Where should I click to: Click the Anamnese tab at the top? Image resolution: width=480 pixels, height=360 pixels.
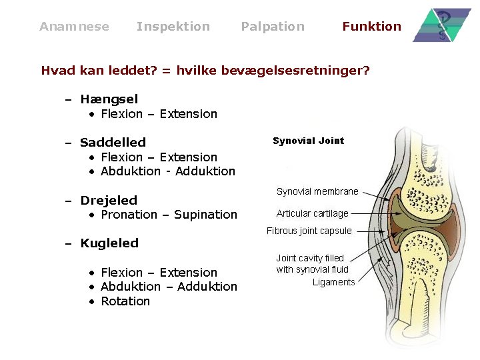click(74, 27)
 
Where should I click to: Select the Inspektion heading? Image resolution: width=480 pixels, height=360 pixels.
click(173, 27)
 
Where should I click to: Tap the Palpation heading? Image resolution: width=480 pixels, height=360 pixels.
click(272, 27)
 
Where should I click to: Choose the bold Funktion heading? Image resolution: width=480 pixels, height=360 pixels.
click(371, 27)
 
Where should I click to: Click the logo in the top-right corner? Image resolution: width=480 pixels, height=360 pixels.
click(441, 25)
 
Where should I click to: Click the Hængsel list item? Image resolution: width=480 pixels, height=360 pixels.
click(109, 99)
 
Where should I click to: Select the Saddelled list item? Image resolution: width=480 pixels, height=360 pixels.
click(113, 142)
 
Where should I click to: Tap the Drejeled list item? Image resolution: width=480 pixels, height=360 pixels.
click(109, 200)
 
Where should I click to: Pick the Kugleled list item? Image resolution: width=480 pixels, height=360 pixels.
click(109, 243)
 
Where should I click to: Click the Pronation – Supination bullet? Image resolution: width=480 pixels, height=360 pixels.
click(169, 215)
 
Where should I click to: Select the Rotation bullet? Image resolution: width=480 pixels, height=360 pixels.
click(125, 301)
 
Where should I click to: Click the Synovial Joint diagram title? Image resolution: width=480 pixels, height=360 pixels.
click(308, 141)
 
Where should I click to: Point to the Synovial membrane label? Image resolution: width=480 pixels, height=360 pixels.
click(317, 191)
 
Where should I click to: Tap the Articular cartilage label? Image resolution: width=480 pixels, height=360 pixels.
click(312, 213)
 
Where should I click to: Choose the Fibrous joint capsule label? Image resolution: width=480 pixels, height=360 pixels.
click(309, 231)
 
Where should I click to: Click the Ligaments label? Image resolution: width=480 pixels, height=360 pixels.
click(333, 282)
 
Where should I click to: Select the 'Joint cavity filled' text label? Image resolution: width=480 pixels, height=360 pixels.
click(310, 258)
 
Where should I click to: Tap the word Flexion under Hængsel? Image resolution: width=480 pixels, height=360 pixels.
click(121, 114)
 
